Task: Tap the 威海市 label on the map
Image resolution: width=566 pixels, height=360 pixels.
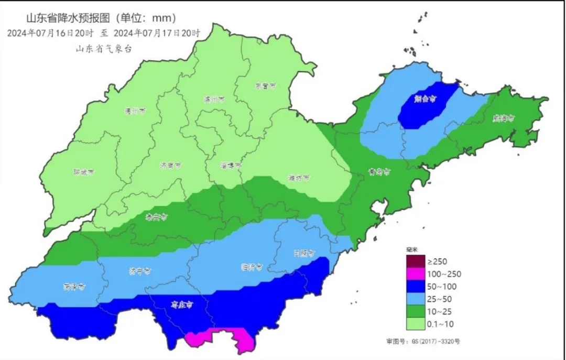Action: point(503,118)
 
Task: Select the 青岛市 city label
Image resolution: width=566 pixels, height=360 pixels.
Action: point(379,172)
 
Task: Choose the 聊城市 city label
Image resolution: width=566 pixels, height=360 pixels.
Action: point(84,172)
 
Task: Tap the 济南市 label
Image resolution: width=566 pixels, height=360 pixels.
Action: point(171,165)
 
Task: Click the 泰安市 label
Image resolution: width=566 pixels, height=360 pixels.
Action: point(156,216)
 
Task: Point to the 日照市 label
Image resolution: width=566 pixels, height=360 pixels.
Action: point(304,253)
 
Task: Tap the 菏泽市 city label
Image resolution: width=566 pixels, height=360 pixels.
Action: point(74,287)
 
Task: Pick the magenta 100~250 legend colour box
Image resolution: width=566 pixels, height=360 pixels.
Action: point(413,274)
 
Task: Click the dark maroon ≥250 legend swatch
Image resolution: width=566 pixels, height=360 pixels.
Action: point(413,261)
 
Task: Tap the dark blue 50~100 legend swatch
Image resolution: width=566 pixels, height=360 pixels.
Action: point(413,286)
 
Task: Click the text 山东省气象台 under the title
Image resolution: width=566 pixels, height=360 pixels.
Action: point(103,48)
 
